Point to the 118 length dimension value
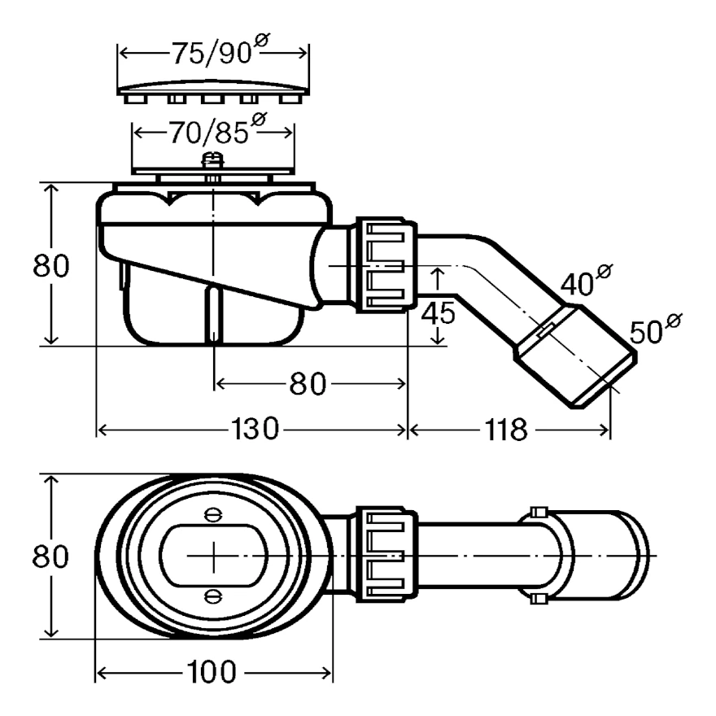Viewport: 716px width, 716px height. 508,430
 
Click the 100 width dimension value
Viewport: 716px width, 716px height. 210,672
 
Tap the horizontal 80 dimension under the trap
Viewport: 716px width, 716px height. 308,382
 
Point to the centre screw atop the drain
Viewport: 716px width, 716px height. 213,160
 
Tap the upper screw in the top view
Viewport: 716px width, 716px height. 213,514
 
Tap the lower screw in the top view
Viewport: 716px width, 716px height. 213,596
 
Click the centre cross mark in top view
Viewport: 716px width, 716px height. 213,555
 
